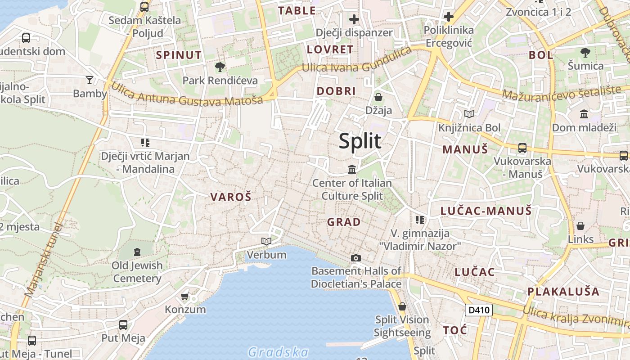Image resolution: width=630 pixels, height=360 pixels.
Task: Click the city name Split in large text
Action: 360,141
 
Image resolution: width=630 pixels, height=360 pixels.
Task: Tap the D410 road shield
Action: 478,310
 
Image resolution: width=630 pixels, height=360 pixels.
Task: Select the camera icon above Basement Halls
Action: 356,258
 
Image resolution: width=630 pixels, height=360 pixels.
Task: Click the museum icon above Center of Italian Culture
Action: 352,170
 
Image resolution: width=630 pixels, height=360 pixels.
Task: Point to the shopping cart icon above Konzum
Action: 184,296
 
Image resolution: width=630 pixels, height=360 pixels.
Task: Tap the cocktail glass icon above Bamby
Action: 90,80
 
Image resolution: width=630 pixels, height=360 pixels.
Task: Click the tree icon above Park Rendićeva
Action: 220,67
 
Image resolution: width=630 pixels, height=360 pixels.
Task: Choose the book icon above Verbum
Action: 266,242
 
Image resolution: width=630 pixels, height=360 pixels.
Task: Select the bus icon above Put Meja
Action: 123,324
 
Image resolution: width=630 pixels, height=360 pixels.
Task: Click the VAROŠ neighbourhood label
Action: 231,197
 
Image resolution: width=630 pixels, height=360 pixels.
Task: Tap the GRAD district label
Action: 344,222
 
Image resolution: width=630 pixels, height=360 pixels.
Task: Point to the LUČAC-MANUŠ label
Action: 486,211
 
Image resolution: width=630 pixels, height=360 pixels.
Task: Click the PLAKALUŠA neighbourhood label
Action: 563,291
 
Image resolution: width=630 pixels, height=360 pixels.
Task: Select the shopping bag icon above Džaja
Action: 378,97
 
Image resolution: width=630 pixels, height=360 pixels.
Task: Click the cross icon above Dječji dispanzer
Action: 354,19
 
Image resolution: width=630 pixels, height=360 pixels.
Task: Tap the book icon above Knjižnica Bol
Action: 469,114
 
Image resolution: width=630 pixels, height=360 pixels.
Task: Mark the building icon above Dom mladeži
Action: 584,114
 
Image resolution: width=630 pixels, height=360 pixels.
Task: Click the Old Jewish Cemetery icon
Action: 137,252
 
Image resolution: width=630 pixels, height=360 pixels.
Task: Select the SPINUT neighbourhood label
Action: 179,55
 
